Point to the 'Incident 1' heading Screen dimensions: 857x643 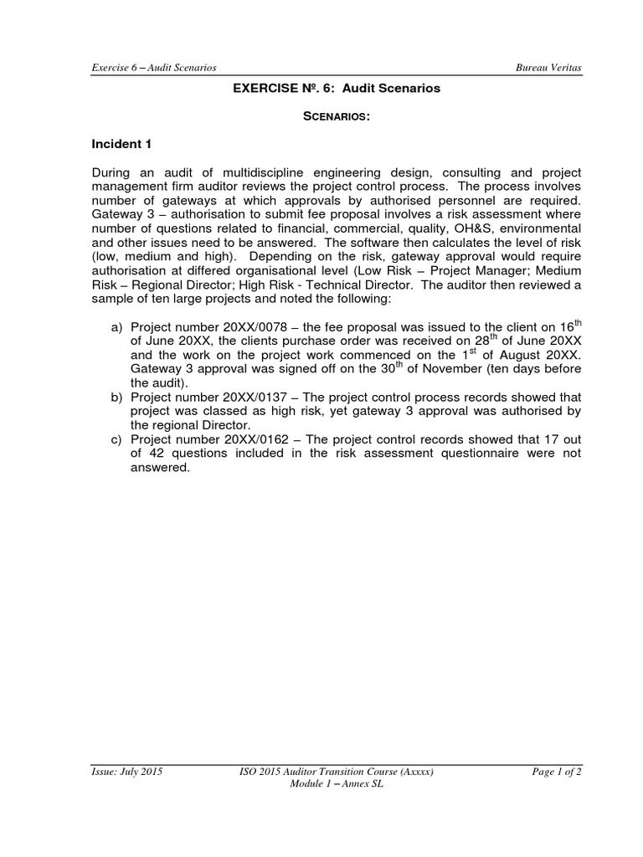[x=121, y=144]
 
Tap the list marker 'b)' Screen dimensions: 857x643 [x=116, y=396]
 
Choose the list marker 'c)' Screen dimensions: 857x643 [x=116, y=439]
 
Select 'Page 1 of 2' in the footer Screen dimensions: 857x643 [x=557, y=772]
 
